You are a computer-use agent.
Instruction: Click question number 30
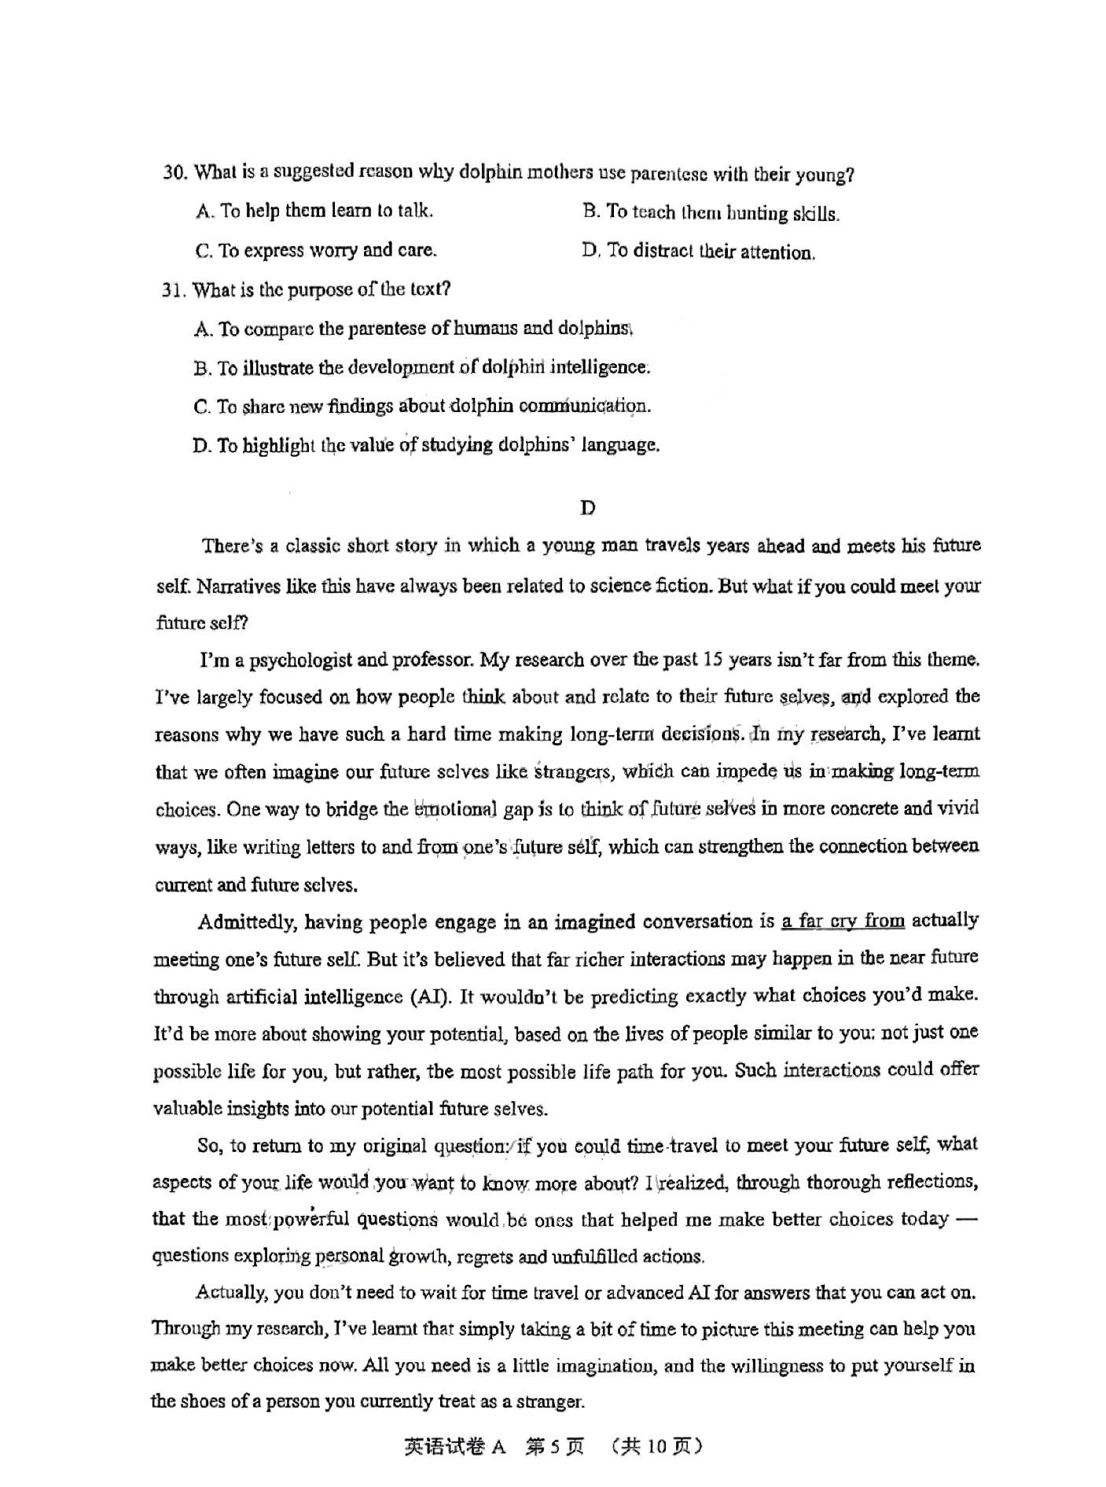174,172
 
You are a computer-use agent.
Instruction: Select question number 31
173,290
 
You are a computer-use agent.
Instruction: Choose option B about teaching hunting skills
711,213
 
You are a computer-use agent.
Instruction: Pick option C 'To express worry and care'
316,251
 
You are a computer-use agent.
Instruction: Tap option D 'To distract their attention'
698,252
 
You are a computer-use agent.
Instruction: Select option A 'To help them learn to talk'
314,211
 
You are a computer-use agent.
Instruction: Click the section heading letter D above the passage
587,508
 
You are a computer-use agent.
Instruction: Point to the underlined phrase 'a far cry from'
843,921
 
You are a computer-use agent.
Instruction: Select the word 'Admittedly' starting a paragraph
248,922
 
